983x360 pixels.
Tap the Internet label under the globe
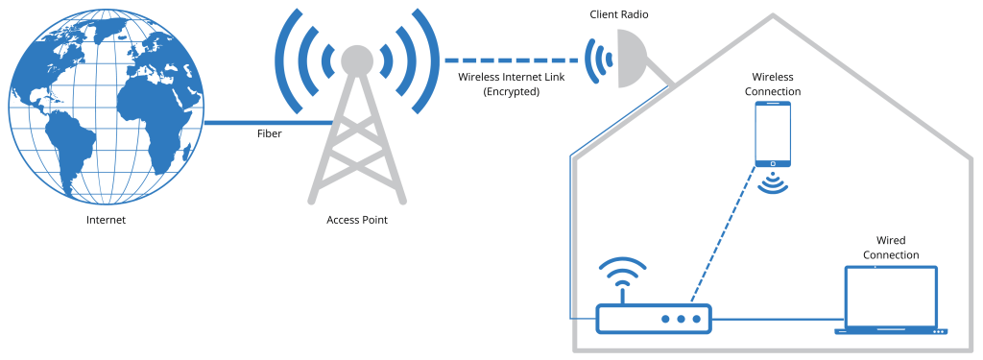106,221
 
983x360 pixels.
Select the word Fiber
269,134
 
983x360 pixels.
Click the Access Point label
357,221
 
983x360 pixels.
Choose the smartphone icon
774,134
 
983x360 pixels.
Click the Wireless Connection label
776,84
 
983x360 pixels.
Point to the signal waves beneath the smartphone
774,182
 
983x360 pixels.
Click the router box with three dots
654,319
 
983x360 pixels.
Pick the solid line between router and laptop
773,319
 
